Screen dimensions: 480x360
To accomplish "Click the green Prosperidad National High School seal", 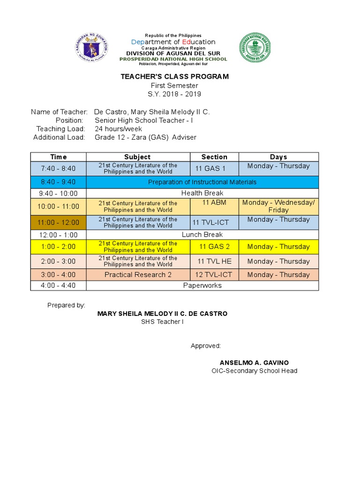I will [x=255, y=48].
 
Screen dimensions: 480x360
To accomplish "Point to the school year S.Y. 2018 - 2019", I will [x=174, y=94].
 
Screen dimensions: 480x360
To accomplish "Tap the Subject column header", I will [x=137, y=157].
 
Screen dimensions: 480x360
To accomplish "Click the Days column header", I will [x=278, y=157].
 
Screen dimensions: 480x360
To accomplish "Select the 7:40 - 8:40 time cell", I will [x=58, y=168].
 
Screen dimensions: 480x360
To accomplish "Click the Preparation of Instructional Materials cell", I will [x=202, y=182].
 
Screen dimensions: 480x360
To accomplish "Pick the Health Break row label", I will [x=202, y=193].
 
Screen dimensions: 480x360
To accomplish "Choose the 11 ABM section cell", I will [x=214, y=202].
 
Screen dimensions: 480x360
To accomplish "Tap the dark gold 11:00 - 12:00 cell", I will [x=58, y=222].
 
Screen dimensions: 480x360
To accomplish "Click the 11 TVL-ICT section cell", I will [x=214, y=223].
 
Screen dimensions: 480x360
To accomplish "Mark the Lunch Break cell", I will [x=202, y=234].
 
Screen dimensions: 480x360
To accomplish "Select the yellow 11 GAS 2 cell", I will [x=214, y=247].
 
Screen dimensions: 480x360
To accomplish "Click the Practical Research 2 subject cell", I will [x=138, y=275].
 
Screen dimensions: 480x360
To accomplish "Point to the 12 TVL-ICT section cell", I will [x=214, y=275].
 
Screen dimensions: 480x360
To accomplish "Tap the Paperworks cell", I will [x=202, y=285].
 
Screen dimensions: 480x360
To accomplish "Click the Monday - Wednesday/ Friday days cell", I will [x=278, y=206].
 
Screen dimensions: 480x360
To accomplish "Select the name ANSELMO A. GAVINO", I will [x=254, y=363].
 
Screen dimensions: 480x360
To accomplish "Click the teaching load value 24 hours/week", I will [x=119, y=129].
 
